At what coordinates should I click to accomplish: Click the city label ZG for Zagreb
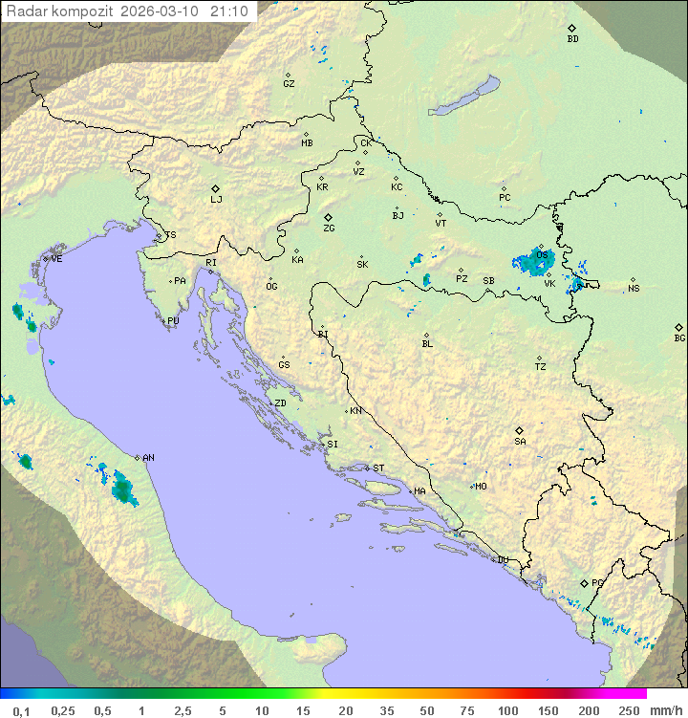[329, 228]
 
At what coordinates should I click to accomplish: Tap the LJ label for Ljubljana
[216, 200]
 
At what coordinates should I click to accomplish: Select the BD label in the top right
[572, 39]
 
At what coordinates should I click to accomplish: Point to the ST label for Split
[378, 468]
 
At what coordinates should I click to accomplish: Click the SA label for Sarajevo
[520, 442]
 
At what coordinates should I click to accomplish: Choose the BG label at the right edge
[679, 337]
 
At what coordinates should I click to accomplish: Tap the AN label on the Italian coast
[148, 458]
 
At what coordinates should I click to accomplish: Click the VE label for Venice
[56, 259]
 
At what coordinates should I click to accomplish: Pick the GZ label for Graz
[289, 84]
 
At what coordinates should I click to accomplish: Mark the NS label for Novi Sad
[634, 289]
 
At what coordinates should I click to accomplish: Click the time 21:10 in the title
[230, 11]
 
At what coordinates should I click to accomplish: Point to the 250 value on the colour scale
[629, 710]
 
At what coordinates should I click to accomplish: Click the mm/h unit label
[664, 710]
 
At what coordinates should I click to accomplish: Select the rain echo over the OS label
[531, 261]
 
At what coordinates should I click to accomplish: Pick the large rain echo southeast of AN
[122, 488]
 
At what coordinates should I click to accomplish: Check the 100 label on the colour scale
[507, 710]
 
